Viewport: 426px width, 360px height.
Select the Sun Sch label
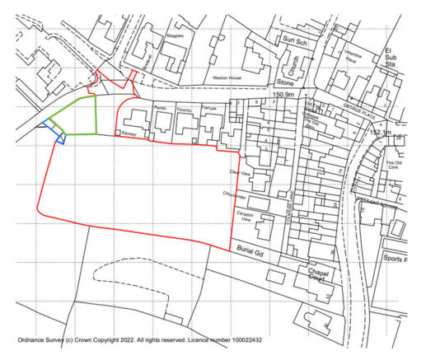(293, 40)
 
